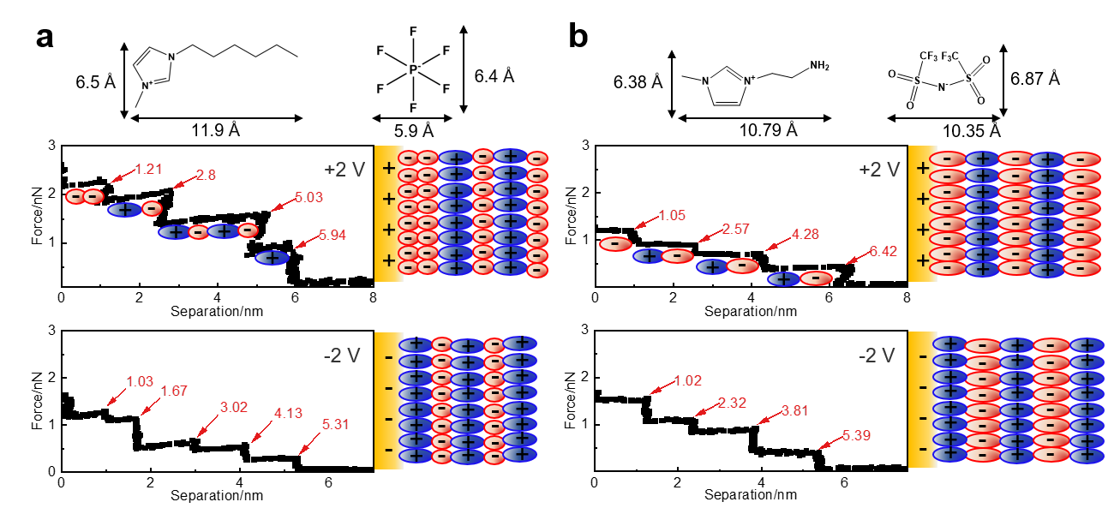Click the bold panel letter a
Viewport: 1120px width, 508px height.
click(x=50, y=39)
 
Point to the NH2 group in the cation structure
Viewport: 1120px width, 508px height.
click(x=819, y=66)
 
